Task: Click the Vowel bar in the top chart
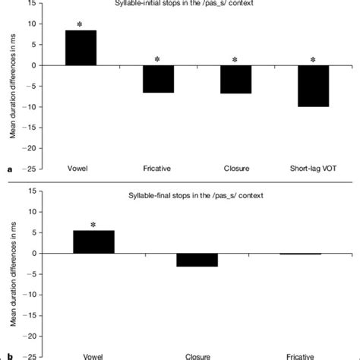(x=81, y=48)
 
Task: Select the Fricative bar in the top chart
(x=158, y=79)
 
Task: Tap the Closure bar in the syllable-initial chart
(x=235, y=79)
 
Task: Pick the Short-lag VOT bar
(x=312, y=86)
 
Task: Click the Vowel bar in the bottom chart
(x=93, y=242)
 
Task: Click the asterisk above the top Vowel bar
(x=81, y=24)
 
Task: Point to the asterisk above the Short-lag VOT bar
(x=312, y=59)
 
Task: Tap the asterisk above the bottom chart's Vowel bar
(x=93, y=225)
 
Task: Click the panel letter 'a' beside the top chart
(x=9, y=171)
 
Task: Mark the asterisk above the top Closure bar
(x=235, y=60)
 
